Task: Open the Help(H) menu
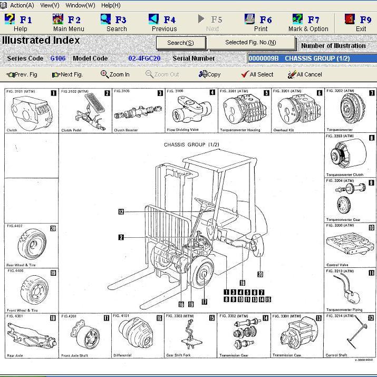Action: point(111,5)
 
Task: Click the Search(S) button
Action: point(180,43)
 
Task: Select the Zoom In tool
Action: point(115,74)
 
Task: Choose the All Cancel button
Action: point(305,74)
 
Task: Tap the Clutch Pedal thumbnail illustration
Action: point(85,112)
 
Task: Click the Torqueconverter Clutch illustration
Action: point(348,156)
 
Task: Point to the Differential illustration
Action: point(137,335)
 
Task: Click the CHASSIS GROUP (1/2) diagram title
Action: point(191,144)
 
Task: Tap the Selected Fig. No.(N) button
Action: point(250,43)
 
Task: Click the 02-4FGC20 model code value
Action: point(144,59)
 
